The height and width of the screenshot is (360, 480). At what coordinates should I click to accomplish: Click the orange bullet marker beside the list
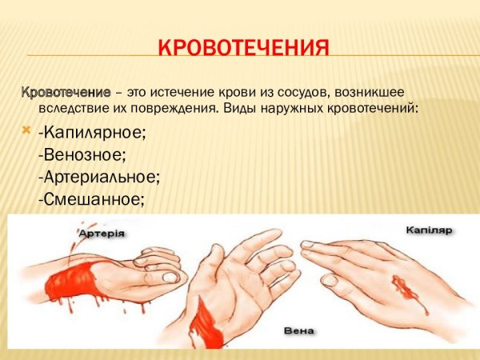click(26, 130)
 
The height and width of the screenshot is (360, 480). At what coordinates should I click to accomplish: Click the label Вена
click(297, 330)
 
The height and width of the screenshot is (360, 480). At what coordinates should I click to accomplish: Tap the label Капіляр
click(428, 230)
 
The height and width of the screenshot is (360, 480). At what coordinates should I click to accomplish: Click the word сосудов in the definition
click(304, 92)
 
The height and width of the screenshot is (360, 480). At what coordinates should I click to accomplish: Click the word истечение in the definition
click(171, 92)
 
